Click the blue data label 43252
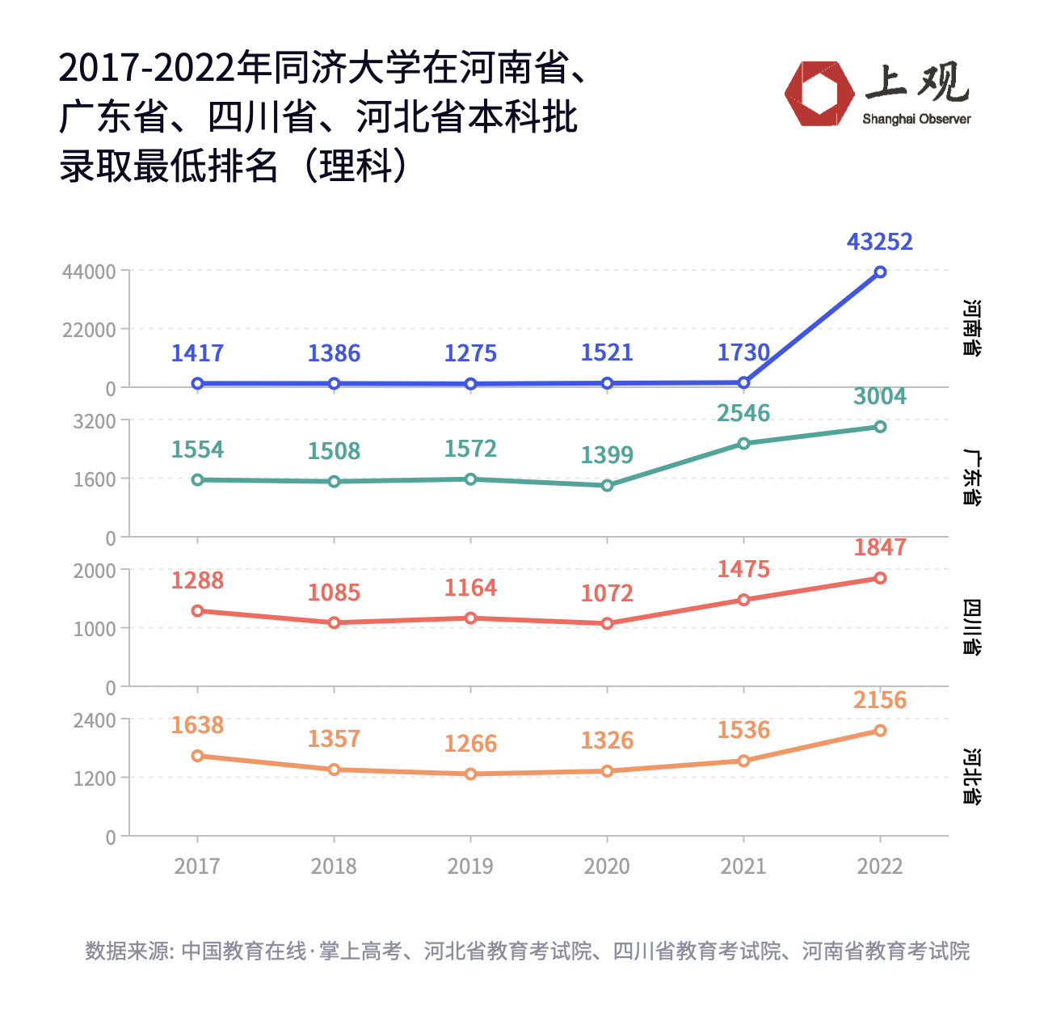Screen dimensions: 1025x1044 (879, 242)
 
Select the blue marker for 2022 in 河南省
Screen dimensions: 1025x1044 (880, 272)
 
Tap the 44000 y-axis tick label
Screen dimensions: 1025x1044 (89, 272)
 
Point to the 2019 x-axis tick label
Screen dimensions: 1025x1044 (470, 867)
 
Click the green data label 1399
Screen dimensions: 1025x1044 (607, 455)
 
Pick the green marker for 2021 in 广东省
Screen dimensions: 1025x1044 (743, 443)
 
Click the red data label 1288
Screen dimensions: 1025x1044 (197, 580)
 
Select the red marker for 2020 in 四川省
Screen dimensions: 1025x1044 (607, 623)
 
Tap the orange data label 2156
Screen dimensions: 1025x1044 (879, 700)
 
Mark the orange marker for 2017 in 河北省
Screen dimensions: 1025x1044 (197, 756)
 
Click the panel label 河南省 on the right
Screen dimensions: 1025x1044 (971, 328)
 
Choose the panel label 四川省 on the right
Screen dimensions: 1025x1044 (971, 627)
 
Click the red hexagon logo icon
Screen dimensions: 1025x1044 (819, 94)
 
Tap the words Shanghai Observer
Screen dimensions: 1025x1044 (916, 120)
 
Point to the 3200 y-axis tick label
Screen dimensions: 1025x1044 (95, 421)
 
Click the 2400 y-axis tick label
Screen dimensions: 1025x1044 (95, 720)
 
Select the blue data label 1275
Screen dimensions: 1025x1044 (470, 353)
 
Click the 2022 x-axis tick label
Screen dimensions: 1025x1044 (879, 867)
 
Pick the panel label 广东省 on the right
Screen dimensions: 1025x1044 (971, 478)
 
